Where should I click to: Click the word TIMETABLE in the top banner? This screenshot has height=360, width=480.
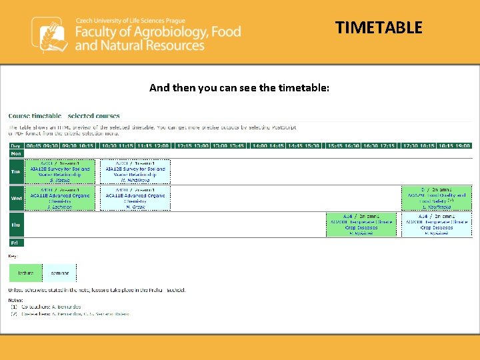coord(379,27)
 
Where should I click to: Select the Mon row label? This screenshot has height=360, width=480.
coord(15,153)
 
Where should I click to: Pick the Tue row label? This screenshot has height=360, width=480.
coord(15,171)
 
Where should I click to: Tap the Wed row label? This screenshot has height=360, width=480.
coord(15,198)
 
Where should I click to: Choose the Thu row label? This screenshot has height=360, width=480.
coord(15,225)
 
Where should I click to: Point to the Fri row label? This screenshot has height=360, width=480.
coord(15,243)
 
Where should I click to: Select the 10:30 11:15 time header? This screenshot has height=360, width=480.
coord(117,145)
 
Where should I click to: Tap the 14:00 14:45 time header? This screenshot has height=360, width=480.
coord(267,145)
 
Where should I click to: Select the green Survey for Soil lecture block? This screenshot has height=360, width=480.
coord(60,171)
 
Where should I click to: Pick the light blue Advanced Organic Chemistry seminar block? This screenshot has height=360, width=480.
coord(135,198)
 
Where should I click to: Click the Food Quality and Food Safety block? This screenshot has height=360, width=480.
coord(436,198)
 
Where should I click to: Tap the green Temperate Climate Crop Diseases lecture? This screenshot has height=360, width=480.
coord(361,225)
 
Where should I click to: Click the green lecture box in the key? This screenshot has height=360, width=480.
coord(25,273)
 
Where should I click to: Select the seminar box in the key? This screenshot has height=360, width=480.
coord(59,273)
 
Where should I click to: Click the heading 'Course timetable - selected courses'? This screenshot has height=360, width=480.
coord(64,116)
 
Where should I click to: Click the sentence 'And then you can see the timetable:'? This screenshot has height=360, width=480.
coord(239,87)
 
